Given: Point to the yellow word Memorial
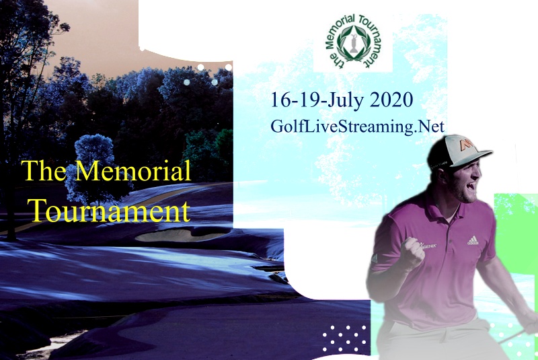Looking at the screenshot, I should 132,171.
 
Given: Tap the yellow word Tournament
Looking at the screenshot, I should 109,211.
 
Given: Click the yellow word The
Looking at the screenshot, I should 44,171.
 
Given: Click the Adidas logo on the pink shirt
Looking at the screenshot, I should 473,240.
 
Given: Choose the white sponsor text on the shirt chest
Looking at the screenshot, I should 428,246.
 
